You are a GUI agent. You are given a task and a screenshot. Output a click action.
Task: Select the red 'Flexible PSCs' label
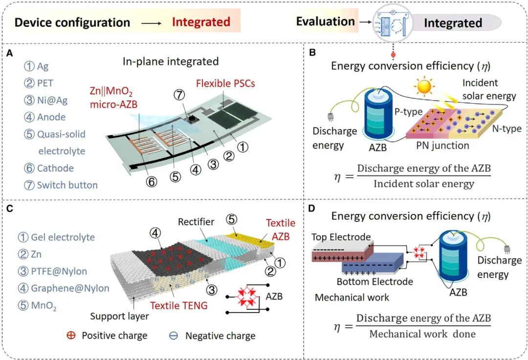pos(225,84)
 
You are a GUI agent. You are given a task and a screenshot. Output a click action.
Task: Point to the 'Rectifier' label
pos(196,222)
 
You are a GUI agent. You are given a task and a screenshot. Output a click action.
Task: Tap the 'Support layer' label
pos(119,316)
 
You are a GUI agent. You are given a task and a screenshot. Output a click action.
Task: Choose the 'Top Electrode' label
pos(341,237)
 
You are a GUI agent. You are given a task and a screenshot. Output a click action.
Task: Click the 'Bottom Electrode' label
pos(375,281)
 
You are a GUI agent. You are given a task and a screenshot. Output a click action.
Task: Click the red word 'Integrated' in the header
pos(201,22)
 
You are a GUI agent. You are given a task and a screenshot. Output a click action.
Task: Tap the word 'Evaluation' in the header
pos(325,21)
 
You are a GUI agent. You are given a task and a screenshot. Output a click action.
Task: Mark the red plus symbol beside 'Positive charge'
pos(71,336)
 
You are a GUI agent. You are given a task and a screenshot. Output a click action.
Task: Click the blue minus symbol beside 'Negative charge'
pos(174,336)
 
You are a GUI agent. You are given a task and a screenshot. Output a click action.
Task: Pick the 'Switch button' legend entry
pos(61,185)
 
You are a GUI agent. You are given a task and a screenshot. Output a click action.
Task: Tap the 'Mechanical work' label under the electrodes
pos(352,297)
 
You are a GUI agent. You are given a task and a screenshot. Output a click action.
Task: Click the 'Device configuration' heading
pos(73,22)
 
